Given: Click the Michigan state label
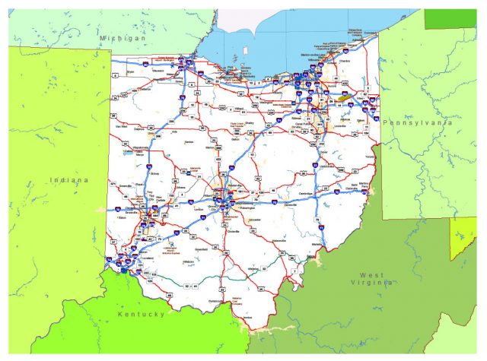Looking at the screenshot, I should [122, 37].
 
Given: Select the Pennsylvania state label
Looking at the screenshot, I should [418, 122].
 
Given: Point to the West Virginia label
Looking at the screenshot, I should [378, 279].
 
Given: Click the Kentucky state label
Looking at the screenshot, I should [141, 313].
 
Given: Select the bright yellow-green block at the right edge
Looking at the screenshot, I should [462, 237].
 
